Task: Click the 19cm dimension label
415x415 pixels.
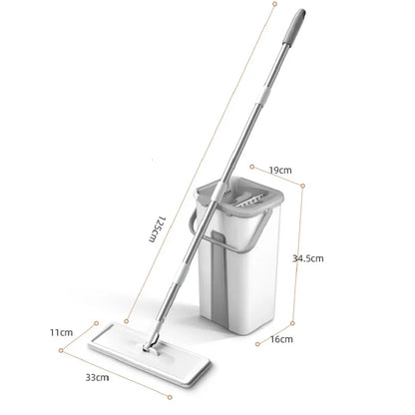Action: tap(280, 171)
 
